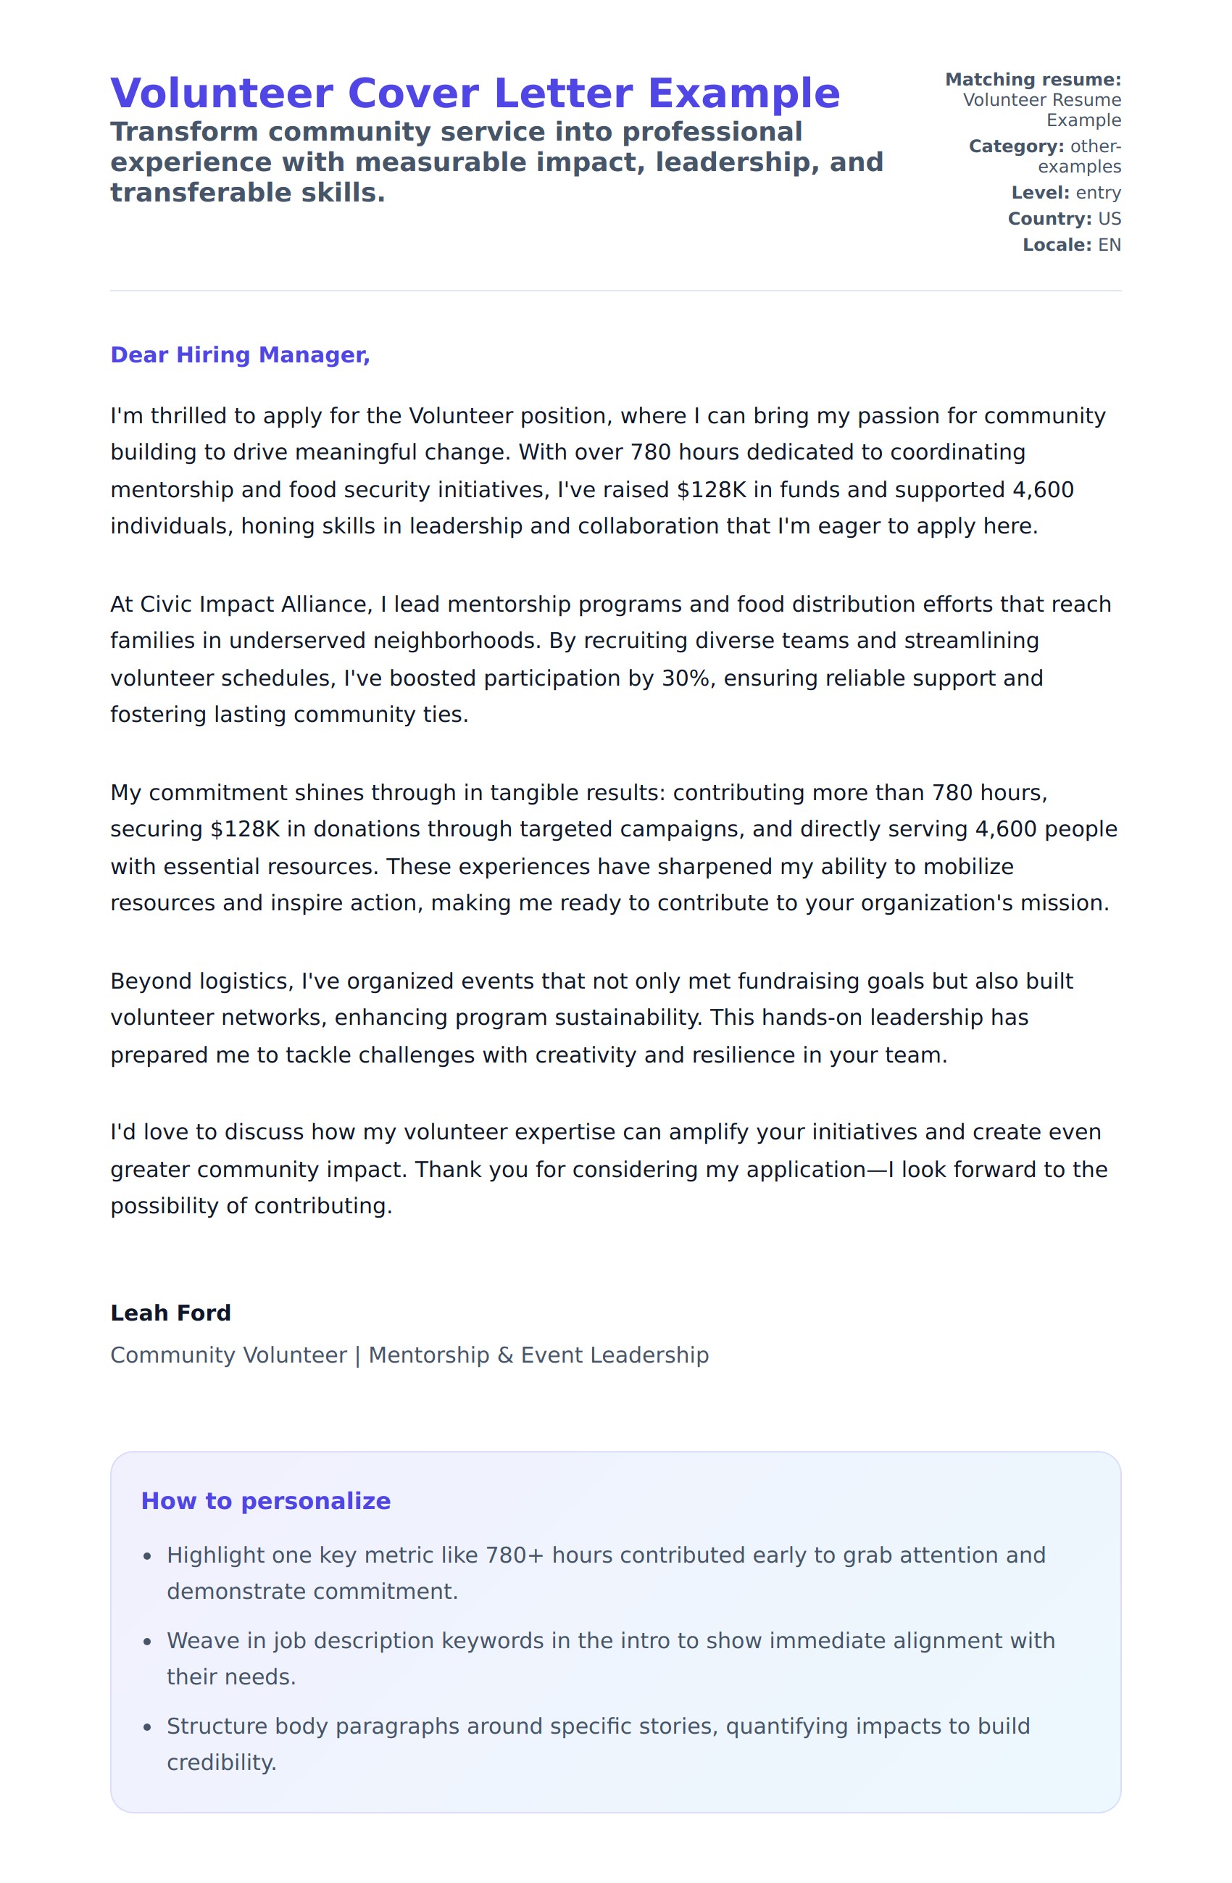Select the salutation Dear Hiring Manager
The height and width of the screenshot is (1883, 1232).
click(240, 354)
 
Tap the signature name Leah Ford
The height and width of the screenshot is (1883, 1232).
click(170, 1313)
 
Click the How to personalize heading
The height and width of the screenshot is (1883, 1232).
click(265, 1501)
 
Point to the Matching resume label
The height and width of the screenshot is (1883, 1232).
click(1033, 80)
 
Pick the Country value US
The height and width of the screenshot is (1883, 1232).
click(1109, 218)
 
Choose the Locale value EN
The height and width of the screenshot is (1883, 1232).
click(1109, 244)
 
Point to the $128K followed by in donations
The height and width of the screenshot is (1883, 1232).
click(244, 829)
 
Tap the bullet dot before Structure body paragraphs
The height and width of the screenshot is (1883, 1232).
click(147, 1727)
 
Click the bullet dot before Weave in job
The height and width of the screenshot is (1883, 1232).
click(147, 1642)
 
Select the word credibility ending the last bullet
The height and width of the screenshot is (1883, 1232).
click(220, 1762)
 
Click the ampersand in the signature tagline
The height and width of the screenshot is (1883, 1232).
click(505, 1355)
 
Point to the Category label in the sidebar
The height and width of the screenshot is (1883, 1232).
click(1016, 146)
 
